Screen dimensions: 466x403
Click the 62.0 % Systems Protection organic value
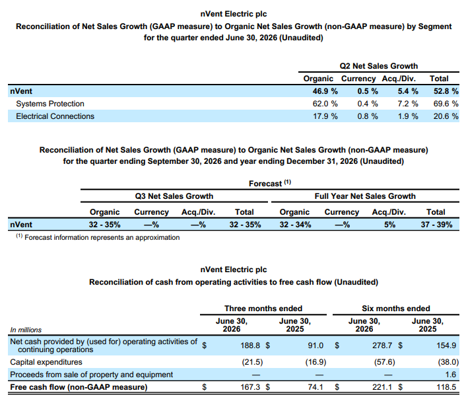[325, 104]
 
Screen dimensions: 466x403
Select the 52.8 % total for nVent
[446, 91]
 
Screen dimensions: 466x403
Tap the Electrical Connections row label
[55, 116]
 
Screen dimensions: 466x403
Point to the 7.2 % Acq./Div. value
[408, 104]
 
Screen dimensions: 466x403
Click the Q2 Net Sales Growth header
[379, 66]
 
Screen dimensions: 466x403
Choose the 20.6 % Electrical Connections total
[446, 116]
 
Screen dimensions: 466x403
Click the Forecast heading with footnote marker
[270, 183]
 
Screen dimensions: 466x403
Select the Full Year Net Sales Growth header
[365, 196]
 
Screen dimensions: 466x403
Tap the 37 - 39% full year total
[436, 225]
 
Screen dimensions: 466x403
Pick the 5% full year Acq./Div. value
[389, 225]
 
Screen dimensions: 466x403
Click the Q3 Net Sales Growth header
[174, 196]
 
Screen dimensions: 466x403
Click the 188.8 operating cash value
[250, 346]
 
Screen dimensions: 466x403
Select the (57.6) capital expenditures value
[385, 362]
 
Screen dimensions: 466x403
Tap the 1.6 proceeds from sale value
[451, 375]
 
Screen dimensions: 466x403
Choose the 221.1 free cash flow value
[382, 387]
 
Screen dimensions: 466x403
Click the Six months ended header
[396, 309]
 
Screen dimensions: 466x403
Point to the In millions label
[26, 330]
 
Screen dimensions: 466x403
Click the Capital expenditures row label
[46, 362]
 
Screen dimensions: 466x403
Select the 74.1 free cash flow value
[316, 387]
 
